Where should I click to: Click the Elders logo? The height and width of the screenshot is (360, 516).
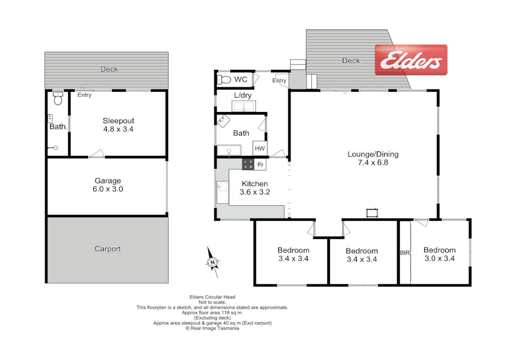(411, 60)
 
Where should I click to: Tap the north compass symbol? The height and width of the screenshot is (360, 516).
(213, 262)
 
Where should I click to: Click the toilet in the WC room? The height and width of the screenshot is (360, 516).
(224, 79)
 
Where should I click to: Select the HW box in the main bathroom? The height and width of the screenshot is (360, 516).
(260, 148)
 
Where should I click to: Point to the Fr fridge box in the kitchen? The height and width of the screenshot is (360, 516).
(260, 165)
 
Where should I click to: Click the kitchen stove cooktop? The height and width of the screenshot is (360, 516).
(248, 164)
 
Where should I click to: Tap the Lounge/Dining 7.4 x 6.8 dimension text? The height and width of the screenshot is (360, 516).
(373, 162)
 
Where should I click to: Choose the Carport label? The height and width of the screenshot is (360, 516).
(107, 249)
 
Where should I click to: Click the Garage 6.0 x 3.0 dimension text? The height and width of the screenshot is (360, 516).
(108, 189)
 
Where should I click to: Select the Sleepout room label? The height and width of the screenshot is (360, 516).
(118, 121)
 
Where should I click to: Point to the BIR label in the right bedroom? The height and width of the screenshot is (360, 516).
(405, 253)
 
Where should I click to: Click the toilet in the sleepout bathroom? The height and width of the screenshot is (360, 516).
(58, 98)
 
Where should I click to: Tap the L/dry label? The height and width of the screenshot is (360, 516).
(243, 95)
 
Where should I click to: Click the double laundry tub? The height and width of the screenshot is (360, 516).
(244, 106)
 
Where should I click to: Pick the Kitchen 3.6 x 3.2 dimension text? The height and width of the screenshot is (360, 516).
(255, 192)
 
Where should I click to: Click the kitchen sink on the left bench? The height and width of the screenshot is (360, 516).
(223, 187)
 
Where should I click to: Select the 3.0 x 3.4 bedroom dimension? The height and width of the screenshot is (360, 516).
(440, 258)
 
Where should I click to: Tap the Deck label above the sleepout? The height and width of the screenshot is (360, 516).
(109, 69)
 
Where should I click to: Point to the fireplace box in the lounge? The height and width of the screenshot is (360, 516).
(372, 213)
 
